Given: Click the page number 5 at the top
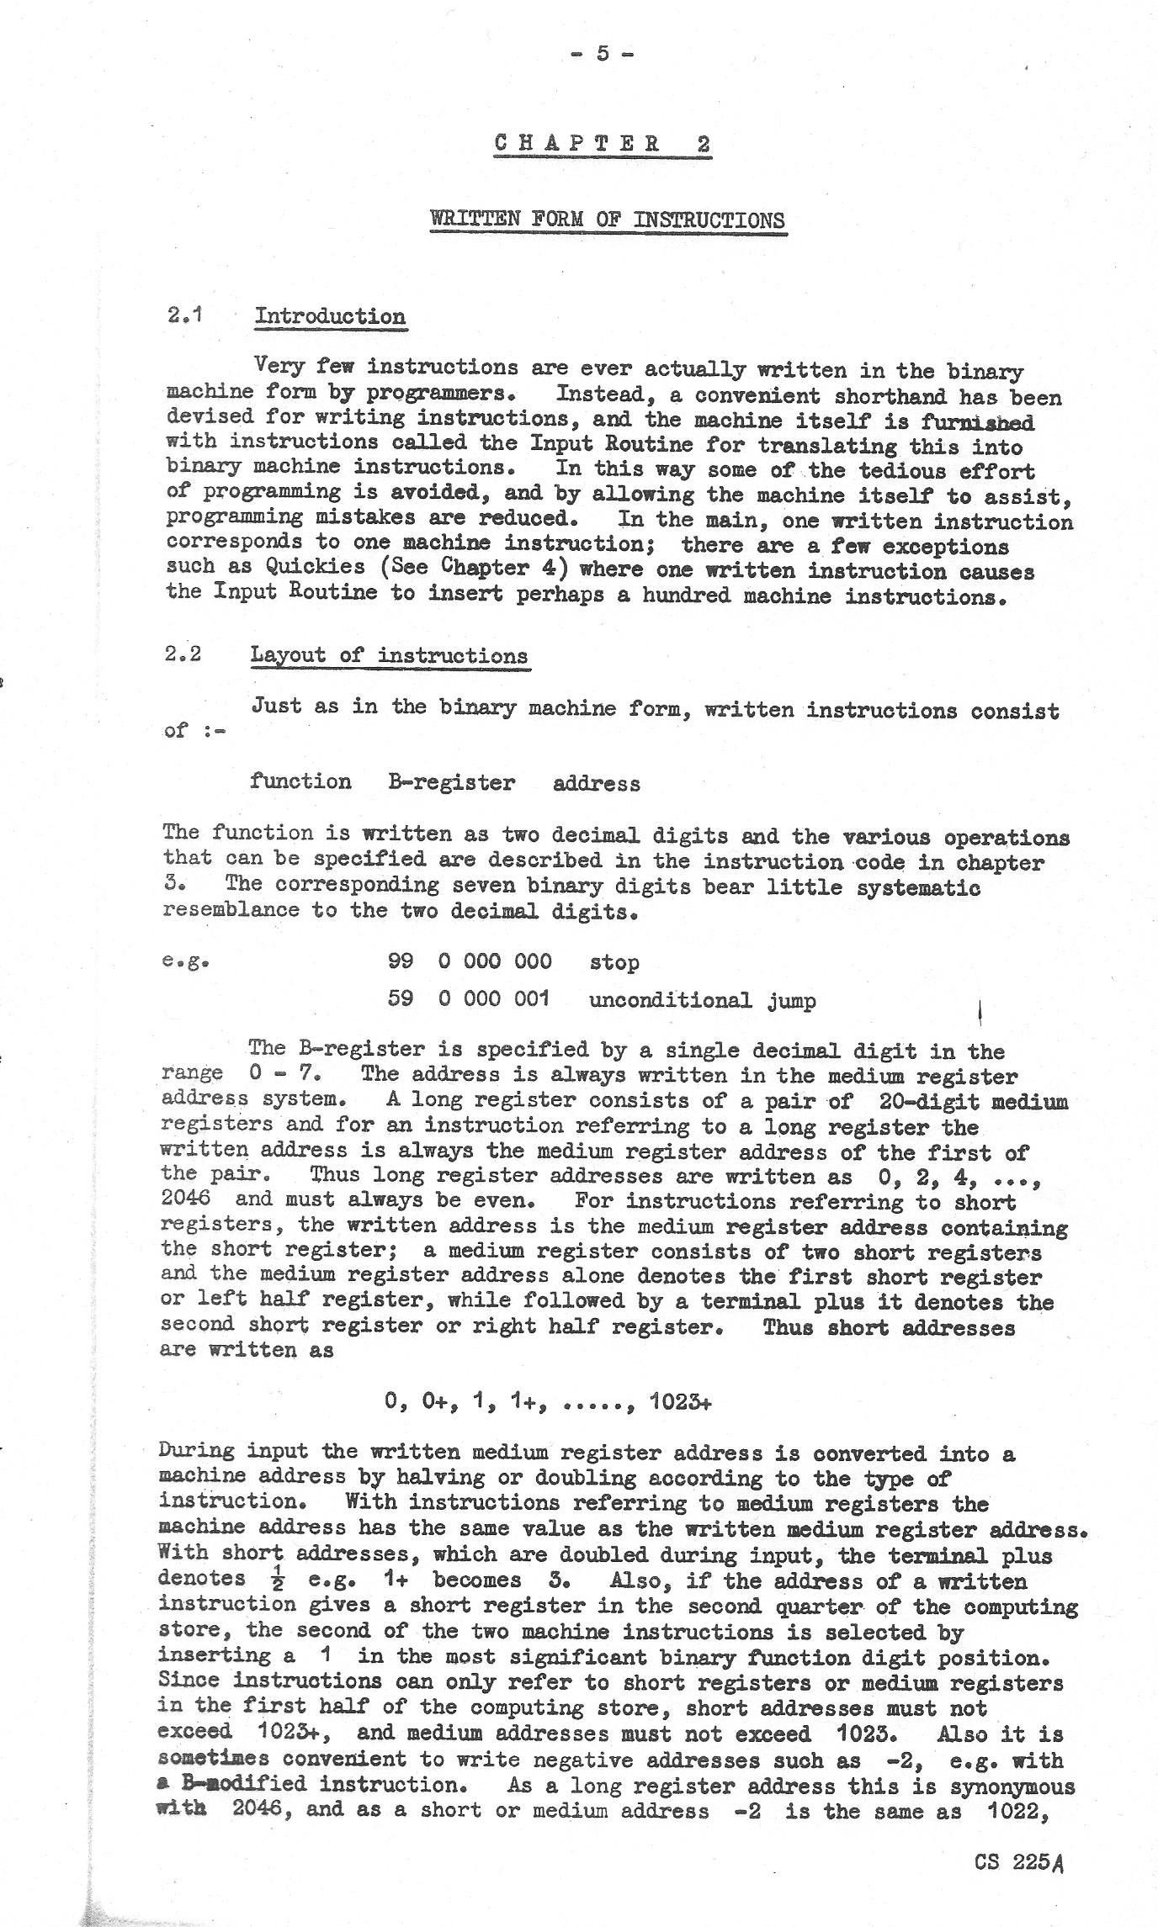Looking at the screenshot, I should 602,53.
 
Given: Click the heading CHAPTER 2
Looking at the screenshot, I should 603,143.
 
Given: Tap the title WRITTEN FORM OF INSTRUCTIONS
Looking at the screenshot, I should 608,220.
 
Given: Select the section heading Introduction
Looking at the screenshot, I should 330,316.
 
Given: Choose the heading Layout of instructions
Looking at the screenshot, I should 389,655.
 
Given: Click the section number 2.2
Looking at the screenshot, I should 183,654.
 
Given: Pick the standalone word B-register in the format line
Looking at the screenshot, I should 452,782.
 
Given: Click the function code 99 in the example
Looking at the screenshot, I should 400,961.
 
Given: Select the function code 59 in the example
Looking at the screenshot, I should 400,999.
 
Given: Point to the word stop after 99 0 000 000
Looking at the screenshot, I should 614,962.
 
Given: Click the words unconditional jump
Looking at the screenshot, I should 702,1000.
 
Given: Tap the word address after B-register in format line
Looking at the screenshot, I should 596,784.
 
